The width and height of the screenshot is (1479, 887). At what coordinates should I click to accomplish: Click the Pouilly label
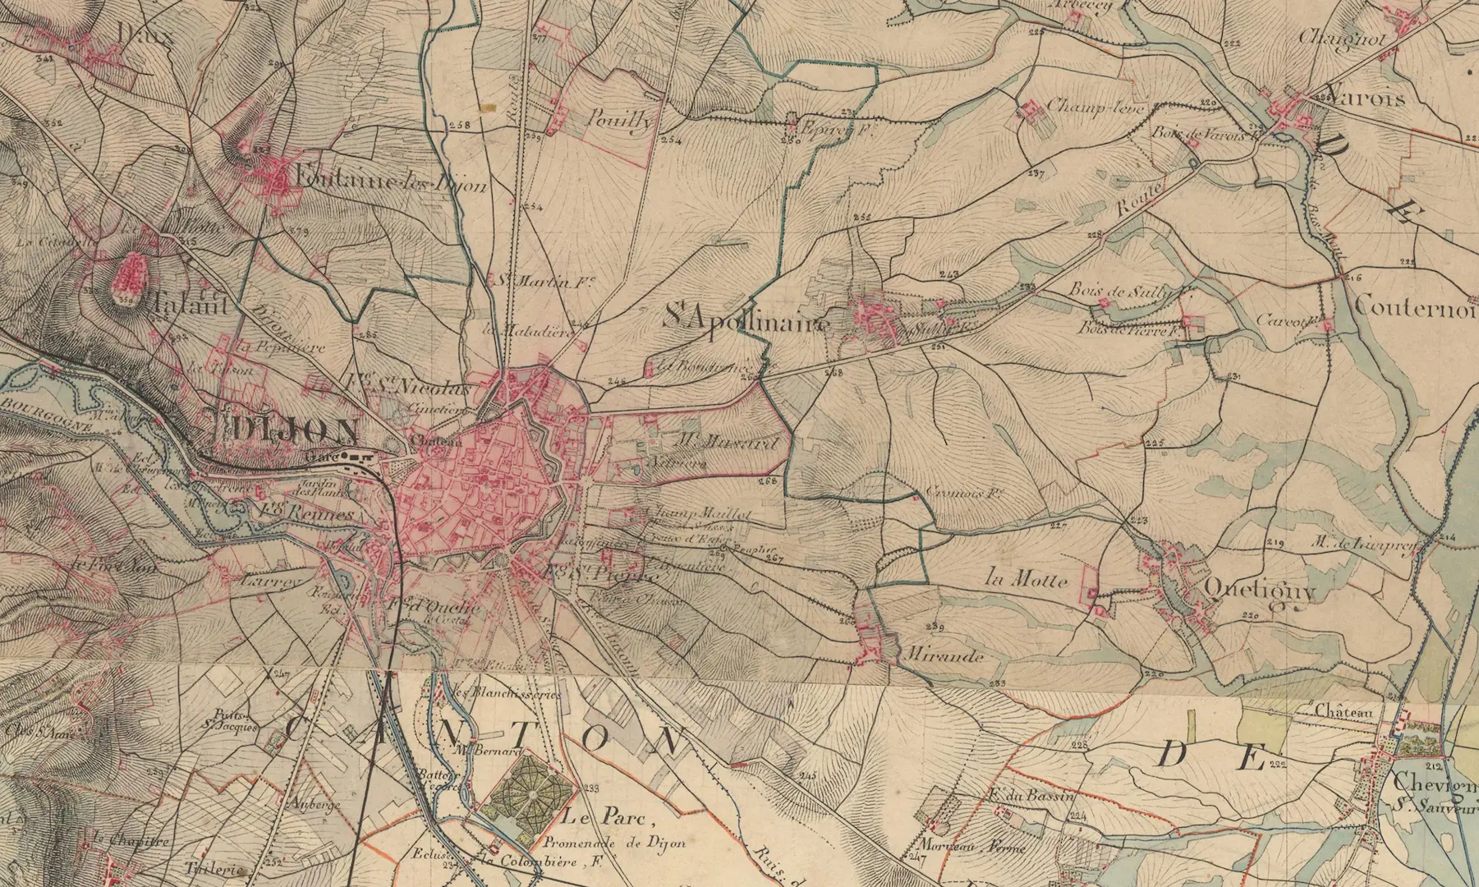coord(622,120)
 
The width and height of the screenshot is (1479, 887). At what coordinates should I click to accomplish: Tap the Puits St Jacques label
coord(233,720)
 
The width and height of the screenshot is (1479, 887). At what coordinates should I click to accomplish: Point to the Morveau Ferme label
coord(962,845)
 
